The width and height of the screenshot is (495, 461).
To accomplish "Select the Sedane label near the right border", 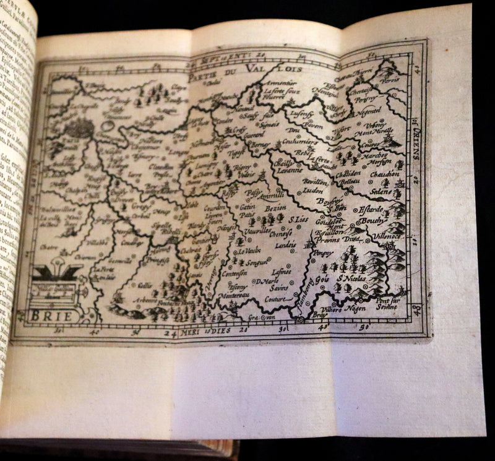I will pyautogui.click(x=382, y=192).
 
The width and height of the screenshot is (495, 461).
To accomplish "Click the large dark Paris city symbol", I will pyautogui.click(x=79, y=129).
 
